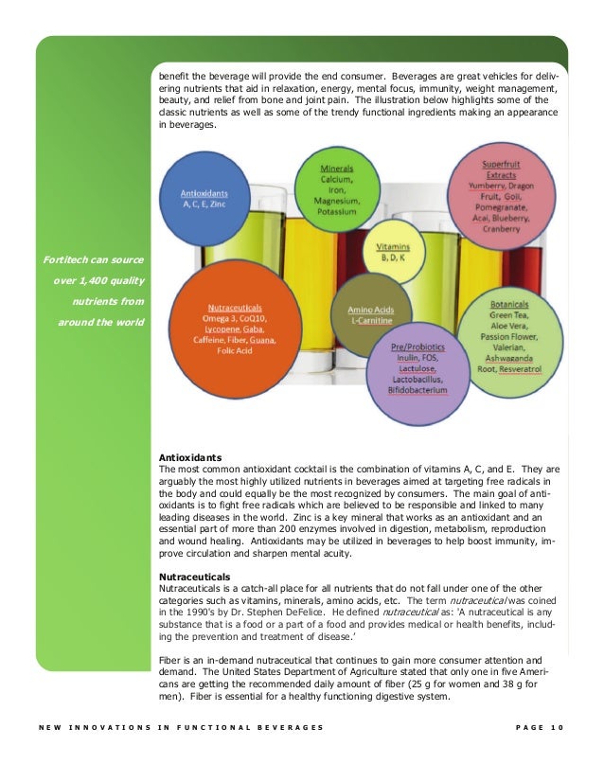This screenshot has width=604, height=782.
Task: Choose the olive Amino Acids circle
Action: click(x=371, y=315)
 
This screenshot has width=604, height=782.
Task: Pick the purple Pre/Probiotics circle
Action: click(x=418, y=372)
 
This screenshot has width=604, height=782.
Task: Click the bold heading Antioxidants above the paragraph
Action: click(x=190, y=457)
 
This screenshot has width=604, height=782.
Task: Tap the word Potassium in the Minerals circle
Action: click(x=336, y=213)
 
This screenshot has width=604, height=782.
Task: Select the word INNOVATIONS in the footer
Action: click(x=104, y=727)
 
